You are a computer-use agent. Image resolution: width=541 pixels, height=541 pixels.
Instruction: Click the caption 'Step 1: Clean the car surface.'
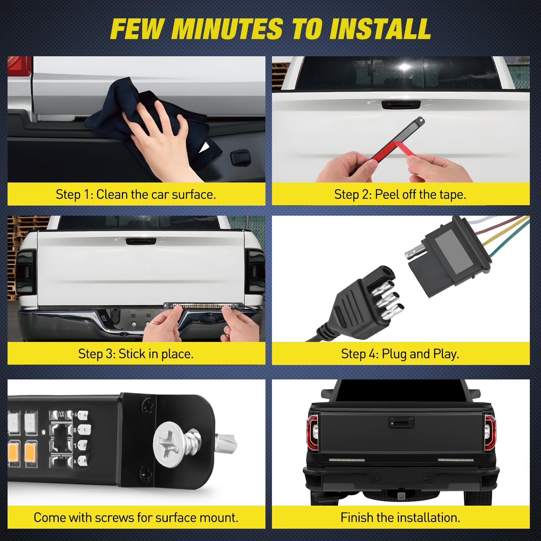pyautogui.click(x=136, y=194)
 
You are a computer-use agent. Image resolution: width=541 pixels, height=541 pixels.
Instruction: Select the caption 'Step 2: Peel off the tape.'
pyautogui.click(x=400, y=194)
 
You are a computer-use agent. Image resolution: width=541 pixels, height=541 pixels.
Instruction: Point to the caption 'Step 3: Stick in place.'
pyautogui.click(x=136, y=354)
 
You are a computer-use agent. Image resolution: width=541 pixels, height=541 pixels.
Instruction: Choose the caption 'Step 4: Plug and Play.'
pyautogui.click(x=400, y=354)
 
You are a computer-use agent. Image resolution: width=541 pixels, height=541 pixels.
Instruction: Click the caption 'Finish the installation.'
pyautogui.click(x=400, y=518)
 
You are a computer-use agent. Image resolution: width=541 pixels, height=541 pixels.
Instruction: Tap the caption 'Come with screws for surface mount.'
pyautogui.click(x=136, y=518)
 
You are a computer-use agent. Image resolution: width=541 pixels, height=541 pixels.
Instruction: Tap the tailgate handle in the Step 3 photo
pyautogui.click(x=141, y=241)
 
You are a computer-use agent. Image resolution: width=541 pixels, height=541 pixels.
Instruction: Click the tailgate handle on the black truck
pyautogui.click(x=401, y=422)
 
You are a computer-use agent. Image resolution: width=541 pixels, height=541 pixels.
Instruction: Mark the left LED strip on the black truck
pyautogui.click(x=347, y=460)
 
